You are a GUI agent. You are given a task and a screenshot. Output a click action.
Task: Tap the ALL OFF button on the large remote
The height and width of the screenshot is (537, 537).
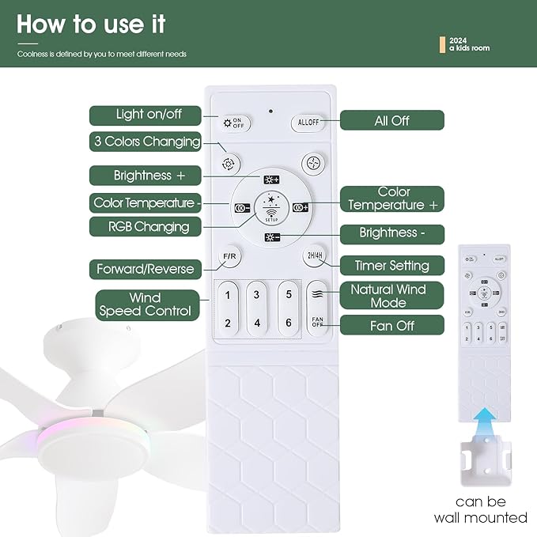point(308,123)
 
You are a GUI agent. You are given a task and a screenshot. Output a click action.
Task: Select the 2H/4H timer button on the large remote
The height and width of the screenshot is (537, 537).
point(314,255)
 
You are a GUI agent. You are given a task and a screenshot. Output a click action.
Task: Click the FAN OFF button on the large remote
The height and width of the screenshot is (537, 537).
point(317,323)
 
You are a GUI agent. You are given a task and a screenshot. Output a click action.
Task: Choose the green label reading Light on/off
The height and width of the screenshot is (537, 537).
point(149,115)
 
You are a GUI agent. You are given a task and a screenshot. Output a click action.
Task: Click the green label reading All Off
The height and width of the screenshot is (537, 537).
point(392,121)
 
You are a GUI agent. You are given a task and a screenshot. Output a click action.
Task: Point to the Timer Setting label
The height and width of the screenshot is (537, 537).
point(392,266)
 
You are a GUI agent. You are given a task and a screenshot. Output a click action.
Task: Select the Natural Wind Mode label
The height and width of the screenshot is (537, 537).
point(388,296)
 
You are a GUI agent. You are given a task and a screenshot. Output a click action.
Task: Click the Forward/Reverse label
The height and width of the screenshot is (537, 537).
point(145,269)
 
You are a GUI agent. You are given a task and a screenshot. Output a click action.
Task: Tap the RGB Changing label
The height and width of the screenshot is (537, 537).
point(149,227)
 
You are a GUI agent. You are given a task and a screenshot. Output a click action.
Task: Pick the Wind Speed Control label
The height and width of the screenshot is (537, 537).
point(146,304)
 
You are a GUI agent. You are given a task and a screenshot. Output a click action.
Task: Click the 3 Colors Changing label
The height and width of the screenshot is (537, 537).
point(148,142)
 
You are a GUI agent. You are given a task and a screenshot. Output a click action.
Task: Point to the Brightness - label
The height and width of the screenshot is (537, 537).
point(392,233)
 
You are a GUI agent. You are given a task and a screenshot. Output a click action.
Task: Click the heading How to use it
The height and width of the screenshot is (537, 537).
point(91,24)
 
